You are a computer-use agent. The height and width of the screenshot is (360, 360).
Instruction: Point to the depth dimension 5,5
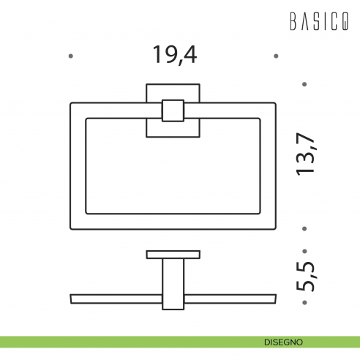coord(304,274)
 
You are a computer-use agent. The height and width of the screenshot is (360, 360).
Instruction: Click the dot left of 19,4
coord(70,55)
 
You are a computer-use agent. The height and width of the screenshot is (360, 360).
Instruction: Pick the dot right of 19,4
coord(275,55)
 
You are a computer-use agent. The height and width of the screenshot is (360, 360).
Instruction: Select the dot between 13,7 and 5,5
coord(305,228)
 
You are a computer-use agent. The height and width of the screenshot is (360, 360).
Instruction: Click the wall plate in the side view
coord(173,255)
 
